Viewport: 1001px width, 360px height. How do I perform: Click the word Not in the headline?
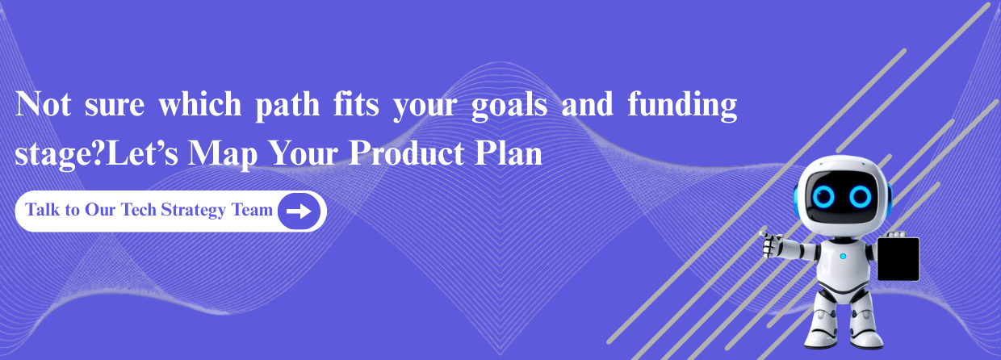click(x=43, y=104)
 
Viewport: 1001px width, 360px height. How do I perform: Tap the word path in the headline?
click(x=287, y=107)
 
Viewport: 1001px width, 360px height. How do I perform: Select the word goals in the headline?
click(x=510, y=107)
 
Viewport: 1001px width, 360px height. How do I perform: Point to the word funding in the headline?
click(x=682, y=107)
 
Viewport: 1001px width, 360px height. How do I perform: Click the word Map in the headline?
click(x=223, y=154)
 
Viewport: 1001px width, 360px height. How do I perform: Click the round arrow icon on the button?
click(x=299, y=211)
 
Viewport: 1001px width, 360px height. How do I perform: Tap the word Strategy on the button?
click(x=193, y=211)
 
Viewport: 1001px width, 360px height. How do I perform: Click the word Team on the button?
click(x=252, y=209)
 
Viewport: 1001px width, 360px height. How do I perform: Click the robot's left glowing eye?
click(x=823, y=196)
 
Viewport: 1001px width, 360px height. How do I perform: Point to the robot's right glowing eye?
click(x=861, y=196)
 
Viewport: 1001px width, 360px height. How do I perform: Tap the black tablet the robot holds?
click(x=898, y=258)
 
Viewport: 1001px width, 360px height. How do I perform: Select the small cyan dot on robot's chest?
click(x=843, y=257)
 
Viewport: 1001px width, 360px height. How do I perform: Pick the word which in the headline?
click(x=200, y=104)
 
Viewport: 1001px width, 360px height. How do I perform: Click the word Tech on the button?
click(x=139, y=209)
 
